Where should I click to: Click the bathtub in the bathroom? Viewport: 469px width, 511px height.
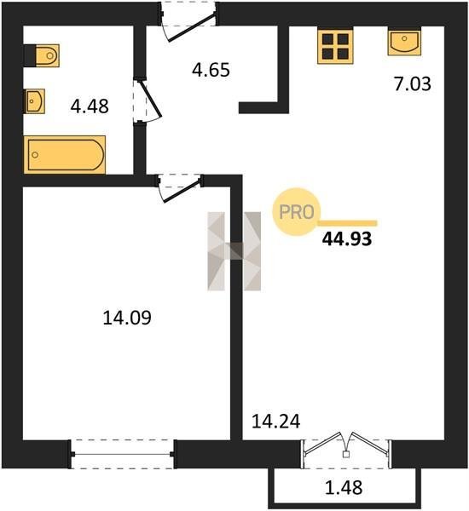point(65,154)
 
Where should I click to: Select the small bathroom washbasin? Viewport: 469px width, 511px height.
point(35,101)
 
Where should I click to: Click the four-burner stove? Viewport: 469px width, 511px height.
point(335,45)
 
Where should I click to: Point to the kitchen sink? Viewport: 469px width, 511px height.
point(404,42)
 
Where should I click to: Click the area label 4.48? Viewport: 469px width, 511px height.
point(90,106)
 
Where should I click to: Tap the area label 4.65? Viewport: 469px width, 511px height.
point(211,70)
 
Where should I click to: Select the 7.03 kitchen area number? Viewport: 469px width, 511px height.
point(413,83)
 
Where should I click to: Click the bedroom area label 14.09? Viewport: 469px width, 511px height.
point(127,318)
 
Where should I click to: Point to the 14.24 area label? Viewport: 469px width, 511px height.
point(276,422)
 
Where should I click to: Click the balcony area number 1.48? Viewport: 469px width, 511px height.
point(344,488)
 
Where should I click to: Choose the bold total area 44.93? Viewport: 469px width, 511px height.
point(347,238)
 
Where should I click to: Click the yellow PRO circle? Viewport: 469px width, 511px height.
point(297,212)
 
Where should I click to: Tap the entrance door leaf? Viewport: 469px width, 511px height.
point(191,27)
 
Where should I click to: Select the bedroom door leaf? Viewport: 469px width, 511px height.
point(182,191)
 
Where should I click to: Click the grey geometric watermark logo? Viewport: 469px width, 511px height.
point(234,251)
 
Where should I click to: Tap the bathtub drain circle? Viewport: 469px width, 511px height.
point(35,155)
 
